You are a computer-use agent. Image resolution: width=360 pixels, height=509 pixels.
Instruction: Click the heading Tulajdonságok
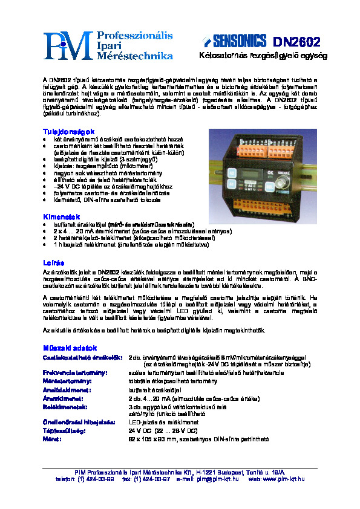(x=68, y=131)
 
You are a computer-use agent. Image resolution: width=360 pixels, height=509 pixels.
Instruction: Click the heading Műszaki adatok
(x=70, y=348)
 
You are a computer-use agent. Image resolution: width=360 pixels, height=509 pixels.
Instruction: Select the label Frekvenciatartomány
(x=75, y=374)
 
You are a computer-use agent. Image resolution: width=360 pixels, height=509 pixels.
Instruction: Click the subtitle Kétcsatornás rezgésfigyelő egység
(x=263, y=56)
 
